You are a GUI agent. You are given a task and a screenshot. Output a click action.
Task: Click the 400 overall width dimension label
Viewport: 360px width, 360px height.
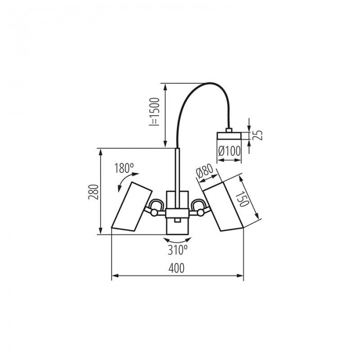pos(176,268)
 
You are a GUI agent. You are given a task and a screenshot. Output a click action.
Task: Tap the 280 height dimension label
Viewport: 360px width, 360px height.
pos(94,192)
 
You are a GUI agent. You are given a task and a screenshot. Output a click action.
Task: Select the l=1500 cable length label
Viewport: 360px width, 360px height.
pos(154,112)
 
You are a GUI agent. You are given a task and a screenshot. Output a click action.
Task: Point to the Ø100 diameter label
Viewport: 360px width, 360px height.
pos(229,151)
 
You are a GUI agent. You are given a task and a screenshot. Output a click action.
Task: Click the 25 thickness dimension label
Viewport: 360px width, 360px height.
pos(257,135)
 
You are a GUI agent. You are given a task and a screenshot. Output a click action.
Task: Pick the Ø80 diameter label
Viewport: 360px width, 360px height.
pos(205,171)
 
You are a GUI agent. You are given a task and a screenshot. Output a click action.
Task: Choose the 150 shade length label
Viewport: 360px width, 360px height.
pos(242,199)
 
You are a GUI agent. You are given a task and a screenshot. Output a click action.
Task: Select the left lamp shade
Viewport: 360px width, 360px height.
pos(132,206)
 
